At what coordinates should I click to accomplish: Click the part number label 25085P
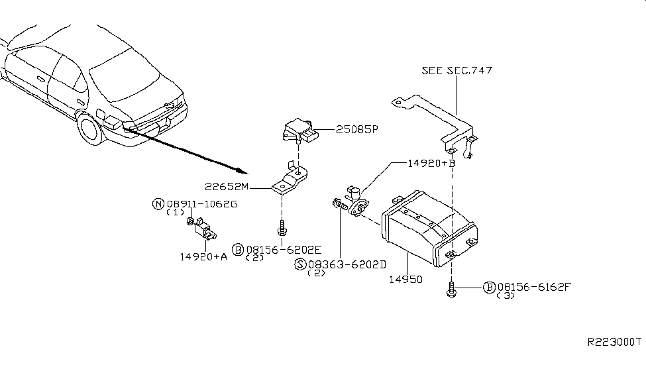(x=356, y=130)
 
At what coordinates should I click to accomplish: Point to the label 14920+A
(x=203, y=256)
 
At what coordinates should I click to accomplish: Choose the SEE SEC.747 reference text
(x=457, y=70)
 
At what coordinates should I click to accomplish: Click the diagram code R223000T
(x=614, y=342)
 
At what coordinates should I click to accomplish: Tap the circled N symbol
(x=158, y=204)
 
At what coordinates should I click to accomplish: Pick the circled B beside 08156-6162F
(x=490, y=287)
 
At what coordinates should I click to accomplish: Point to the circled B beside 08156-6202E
(x=238, y=250)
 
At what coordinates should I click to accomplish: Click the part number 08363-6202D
(x=346, y=264)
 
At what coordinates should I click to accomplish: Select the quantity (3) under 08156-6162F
(x=506, y=296)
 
